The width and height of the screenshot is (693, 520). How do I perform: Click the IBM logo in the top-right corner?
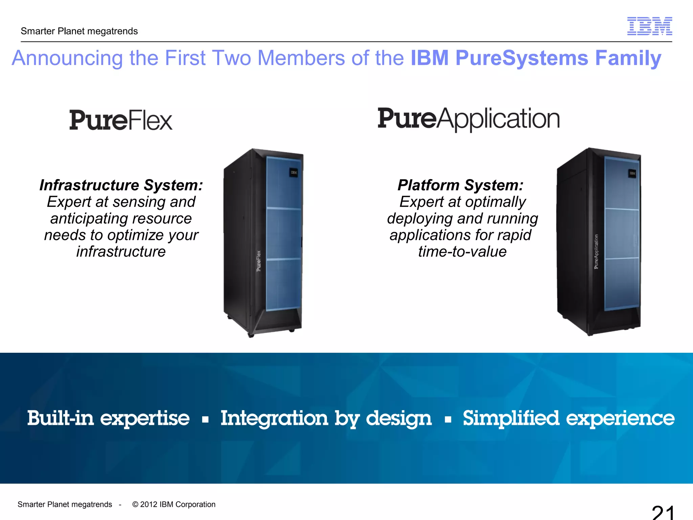point(649,26)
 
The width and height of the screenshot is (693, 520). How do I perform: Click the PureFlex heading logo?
point(121,120)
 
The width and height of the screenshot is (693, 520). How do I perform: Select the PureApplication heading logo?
point(469,119)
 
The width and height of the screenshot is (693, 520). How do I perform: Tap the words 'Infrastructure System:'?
point(121,185)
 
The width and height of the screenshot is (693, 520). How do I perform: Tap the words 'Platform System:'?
point(461,185)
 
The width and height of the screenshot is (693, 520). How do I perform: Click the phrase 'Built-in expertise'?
point(108,418)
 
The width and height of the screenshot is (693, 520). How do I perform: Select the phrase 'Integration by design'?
point(326,418)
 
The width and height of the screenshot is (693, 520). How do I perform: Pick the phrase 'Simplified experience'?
point(568,418)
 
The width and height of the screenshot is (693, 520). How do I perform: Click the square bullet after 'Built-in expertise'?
point(205,420)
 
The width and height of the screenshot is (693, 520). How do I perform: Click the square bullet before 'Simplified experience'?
point(448,420)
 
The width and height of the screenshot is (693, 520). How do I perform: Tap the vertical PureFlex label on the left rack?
point(259,261)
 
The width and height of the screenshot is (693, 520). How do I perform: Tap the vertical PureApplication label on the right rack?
point(596,252)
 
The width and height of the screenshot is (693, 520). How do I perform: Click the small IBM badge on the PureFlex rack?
point(294,173)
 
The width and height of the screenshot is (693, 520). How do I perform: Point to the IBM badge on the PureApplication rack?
point(632,173)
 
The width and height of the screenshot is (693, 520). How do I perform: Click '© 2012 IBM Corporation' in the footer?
point(174,504)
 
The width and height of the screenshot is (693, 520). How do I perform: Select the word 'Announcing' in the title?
point(67,58)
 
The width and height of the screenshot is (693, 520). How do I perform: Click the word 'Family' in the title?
point(628,58)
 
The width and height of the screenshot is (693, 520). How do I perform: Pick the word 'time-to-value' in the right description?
point(462,252)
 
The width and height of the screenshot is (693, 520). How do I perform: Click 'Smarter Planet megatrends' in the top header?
point(79,31)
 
